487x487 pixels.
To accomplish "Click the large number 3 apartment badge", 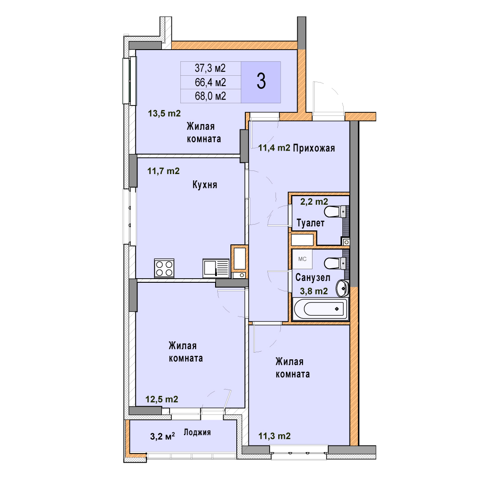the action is coord(261,82).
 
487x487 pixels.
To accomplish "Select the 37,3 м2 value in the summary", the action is coord(210,68).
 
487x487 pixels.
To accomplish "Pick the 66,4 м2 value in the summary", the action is coord(210,83).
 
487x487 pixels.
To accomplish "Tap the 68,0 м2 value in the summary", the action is coord(210,96).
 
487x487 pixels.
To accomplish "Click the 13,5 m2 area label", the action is coord(164,113).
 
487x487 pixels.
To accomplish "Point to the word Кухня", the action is coord(205,185).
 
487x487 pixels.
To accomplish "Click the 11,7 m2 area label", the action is coord(163,171).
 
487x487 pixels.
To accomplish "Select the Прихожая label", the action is coord(314,148).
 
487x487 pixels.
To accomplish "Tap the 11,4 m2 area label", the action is coord(274,148).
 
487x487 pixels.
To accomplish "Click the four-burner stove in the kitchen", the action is coord(164,268).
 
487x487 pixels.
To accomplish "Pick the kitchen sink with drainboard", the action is coord(216,268).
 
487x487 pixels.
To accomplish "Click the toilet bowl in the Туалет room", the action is coord(335,211).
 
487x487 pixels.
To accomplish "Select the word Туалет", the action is coord(310,223).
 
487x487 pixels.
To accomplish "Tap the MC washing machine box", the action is coord(302,259).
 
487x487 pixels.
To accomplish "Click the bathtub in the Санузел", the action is coord(321,309).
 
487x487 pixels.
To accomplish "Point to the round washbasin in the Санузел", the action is coord(343,288).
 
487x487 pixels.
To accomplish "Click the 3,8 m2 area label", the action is coord(314,291).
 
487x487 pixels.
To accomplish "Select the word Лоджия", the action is coord(197,432).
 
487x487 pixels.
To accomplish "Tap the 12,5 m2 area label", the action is coord(162,399).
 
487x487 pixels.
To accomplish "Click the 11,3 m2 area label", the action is coord(275,436).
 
